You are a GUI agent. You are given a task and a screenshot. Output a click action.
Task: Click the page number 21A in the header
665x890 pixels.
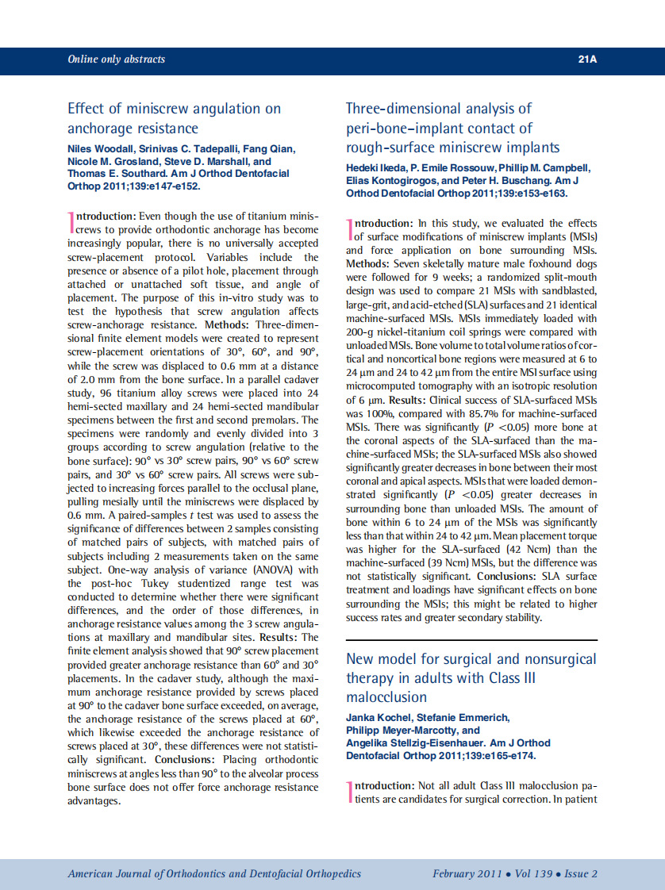click(586, 59)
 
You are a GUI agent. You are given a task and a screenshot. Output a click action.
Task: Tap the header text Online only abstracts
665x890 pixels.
click(117, 59)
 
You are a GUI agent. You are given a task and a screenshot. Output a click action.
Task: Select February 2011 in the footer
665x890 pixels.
click(467, 873)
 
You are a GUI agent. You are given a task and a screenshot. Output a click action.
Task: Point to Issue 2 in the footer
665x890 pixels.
click(581, 873)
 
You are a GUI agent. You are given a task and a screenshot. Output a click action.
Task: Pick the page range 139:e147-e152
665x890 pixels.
click(167, 186)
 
